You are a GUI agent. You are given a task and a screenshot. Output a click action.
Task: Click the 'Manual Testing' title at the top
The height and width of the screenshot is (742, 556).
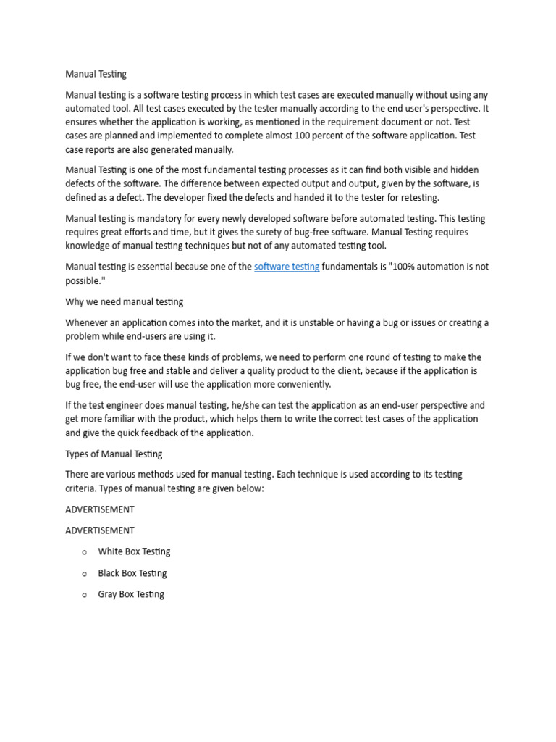[x=96, y=74]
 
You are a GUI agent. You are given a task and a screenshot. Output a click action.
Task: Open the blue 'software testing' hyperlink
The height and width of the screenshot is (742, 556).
[x=287, y=267]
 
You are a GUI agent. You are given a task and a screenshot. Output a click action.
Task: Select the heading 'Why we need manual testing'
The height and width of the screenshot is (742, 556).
[x=124, y=301]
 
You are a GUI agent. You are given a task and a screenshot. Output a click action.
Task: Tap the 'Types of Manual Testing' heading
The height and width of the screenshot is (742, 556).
[x=114, y=454]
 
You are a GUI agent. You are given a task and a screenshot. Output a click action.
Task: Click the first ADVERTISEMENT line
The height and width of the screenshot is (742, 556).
[x=99, y=509]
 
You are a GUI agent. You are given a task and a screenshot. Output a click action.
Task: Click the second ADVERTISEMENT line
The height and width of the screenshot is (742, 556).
[x=99, y=530]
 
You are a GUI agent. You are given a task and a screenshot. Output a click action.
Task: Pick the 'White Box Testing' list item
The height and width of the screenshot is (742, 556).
[x=134, y=551]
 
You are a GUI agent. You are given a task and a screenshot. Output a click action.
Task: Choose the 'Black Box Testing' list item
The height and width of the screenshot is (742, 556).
[x=132, y=573]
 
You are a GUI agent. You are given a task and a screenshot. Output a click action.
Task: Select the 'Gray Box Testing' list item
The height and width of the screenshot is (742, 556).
[x=131, y=594]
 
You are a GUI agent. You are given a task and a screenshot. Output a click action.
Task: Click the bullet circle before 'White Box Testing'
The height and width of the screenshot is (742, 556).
[x=84, y=552]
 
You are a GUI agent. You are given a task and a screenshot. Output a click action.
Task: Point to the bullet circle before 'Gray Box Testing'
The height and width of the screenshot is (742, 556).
[x=84, y=595]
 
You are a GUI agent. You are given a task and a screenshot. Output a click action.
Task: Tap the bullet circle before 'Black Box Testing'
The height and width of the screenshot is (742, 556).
[x=84, y=574]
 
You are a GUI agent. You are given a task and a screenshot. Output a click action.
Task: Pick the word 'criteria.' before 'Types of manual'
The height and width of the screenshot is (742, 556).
[x=81, y=488]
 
